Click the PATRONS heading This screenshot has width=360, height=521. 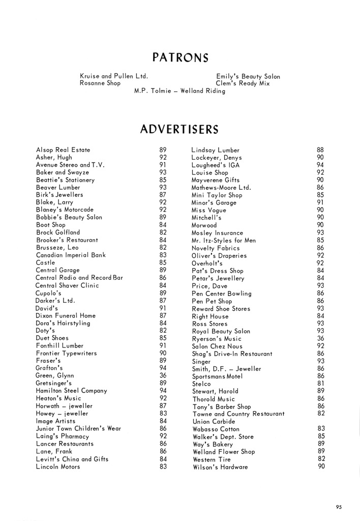tap(180, 57)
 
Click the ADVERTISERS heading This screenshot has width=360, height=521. tap(179, 130)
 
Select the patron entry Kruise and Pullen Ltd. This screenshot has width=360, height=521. tap(114, 76)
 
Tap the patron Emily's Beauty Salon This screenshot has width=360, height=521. tap(248, 76)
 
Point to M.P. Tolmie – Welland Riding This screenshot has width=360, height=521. tap(179, 91)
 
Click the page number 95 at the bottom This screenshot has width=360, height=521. tap(339, 506)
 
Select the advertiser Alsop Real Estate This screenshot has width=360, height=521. tap(63, 150)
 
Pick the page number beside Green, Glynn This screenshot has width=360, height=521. tap(163, 375)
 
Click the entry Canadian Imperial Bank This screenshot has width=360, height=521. tap(71, 255)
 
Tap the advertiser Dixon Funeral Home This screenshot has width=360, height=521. tap(66, 315)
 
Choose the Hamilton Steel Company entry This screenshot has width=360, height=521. tap(71, 391)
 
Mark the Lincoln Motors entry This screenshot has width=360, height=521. tap(58, 466)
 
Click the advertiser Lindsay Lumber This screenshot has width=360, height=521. tap(215, 150)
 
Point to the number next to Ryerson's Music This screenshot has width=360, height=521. tap(320, 338)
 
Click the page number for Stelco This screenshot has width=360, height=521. tap(320, 384)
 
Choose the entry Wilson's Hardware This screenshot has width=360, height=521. tap(220, 467)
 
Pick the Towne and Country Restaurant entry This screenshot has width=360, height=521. tap(238, 414)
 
